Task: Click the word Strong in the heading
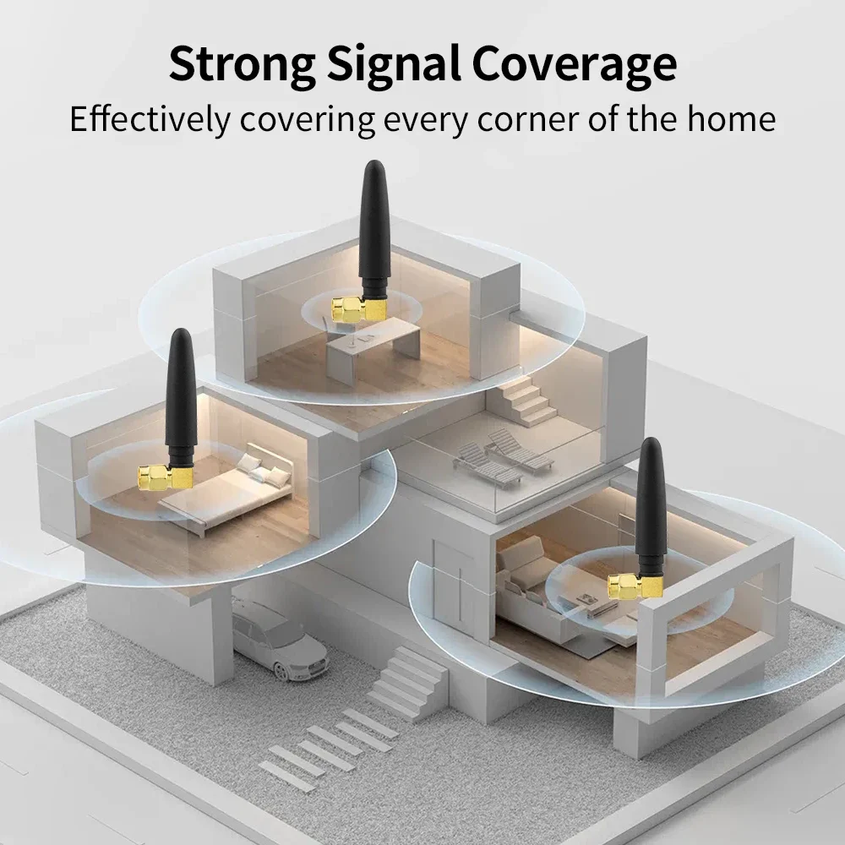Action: point(240,64)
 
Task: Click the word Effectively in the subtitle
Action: point(149,119)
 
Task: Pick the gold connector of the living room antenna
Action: point(633,586)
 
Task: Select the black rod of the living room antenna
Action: point(651,507)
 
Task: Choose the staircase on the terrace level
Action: point(527,401)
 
